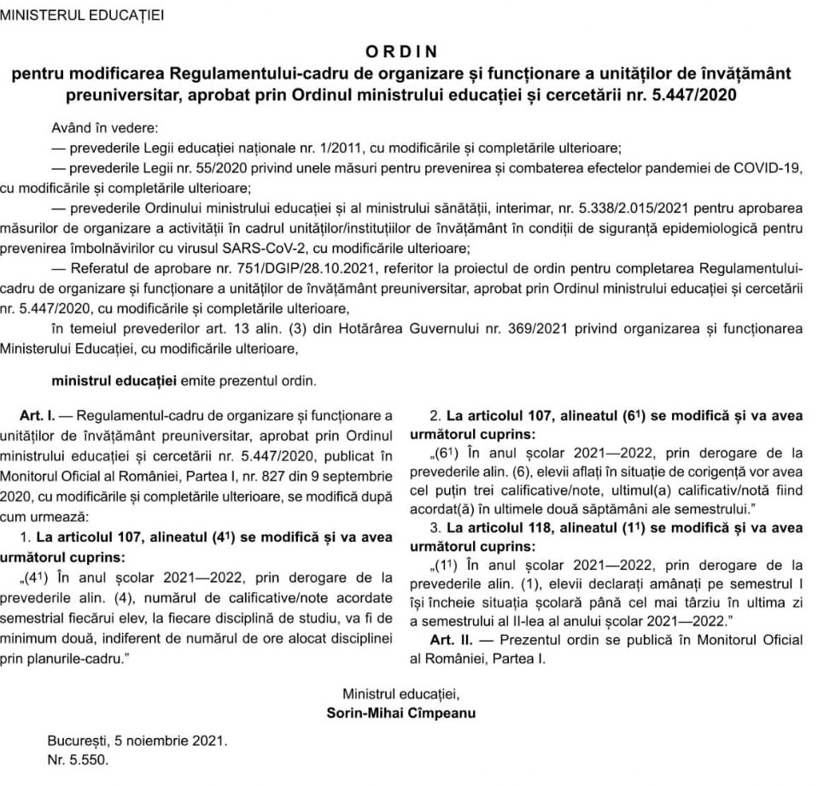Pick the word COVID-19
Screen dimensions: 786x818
click(770, 167)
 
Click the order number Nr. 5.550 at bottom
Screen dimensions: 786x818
click(79, 758)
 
